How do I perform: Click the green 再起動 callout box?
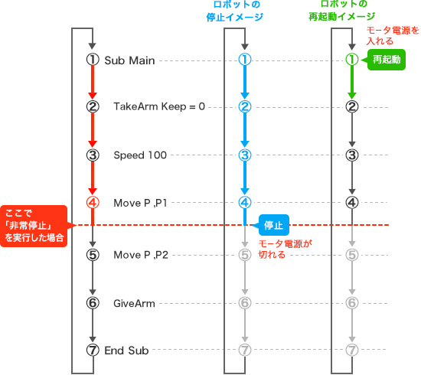[386, 60]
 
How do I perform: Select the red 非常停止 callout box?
[34, 226]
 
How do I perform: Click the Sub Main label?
[129, 60]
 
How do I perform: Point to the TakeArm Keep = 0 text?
[159, 106]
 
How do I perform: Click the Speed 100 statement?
[140, 155]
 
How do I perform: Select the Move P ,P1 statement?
[140, 203]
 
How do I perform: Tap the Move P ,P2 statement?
[141, 255]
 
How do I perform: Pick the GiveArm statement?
[134, 303]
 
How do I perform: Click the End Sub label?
[126, 351]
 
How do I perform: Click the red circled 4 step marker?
[93, 202]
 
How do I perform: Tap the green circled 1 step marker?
[352, 60]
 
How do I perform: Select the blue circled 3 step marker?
[245, 155]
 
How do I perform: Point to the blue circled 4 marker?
[245, 202]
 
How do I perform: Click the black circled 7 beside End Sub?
[93, 350]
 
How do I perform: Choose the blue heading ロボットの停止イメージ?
[235, 11]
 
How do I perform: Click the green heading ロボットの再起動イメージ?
[342, 11]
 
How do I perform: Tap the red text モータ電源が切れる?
[286, 249]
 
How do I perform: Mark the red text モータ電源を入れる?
[393, 35]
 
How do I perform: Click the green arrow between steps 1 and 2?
[352, 83]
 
